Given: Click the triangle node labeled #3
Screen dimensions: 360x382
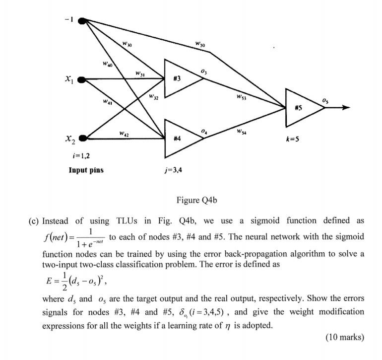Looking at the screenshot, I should [180, 78].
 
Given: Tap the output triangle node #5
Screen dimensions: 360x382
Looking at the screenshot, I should [301, 108].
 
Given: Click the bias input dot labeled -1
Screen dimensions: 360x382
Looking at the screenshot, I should [83, 20].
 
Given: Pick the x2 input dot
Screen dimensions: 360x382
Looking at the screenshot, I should [83, 138].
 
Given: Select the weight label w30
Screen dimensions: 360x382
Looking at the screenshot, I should [127, 45].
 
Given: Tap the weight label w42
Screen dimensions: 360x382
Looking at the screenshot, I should [125, 133].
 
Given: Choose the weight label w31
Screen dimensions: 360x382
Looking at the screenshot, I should [140, 74].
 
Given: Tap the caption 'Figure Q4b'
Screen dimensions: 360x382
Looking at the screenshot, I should [196, 201].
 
